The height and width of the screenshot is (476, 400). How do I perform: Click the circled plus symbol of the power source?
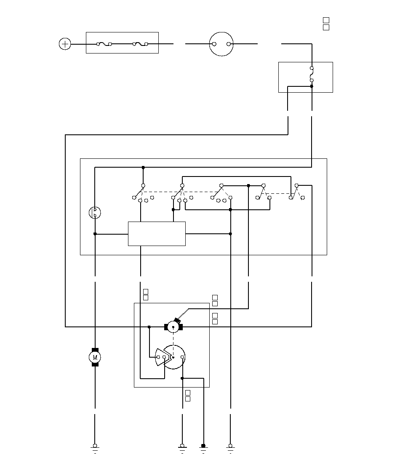(65, 44)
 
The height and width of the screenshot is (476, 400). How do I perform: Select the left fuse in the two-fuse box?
(104, 44)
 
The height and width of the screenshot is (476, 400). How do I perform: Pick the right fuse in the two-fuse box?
(140, 44)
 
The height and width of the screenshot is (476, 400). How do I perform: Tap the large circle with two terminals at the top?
(221, 44)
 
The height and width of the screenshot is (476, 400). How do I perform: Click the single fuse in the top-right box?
(312, 74)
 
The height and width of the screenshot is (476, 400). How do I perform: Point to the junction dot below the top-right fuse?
(312, 86)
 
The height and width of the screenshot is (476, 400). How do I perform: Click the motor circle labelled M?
(95, 357)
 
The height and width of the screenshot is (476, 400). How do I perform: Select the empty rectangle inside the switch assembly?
(157, 233)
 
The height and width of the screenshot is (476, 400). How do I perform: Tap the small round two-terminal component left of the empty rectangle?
(95, 212)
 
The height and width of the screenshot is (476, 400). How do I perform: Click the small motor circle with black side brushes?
(173, 326)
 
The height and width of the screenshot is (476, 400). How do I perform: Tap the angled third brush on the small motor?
(177, 320)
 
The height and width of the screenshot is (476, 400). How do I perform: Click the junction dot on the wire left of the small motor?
(149, 326)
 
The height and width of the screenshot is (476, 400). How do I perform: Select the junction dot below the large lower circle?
(182, 378)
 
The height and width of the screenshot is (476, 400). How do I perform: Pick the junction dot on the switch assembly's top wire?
(143, 167)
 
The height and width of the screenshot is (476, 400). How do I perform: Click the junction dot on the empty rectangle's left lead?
(95, 234)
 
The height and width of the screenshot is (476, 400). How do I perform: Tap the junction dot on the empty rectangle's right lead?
(230, 234)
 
